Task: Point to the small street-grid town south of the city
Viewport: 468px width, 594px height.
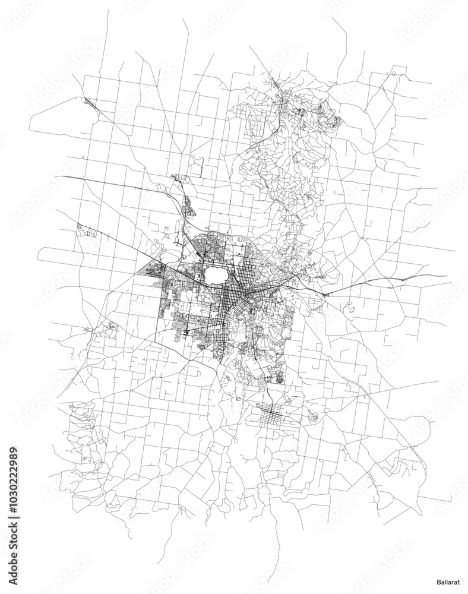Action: point(270,413)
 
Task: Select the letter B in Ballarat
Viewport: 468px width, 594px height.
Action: point(434,576)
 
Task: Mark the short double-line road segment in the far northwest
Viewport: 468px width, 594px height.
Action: point(91,103)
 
